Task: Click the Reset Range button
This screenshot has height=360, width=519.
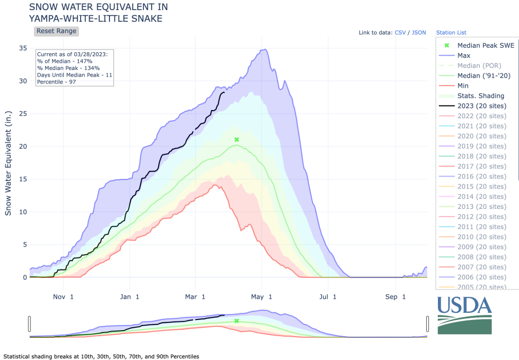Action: pyautogui.click(x=56, y=31)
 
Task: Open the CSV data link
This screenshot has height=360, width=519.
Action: pyautogui.click(x=400, y=32)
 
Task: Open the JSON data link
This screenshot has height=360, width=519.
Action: pyautogui.click(x=419, y=32)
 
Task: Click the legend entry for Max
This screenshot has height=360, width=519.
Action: pyautogui.click(x=463, y=55)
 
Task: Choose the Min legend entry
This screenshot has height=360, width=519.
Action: pyautogui.click(x=463, y=86)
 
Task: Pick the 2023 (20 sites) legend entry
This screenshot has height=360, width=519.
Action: pyautogui.click(x=481, y=105)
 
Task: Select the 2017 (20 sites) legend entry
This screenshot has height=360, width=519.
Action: pyautogui.click(x=481, y=166)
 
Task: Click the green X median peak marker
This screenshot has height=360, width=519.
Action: pyautogui.click(x=236, y=139)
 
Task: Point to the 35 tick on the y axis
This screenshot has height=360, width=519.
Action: pyautogui.click(x=22, y=48)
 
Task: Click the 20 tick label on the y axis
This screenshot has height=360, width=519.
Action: pyautogui.click(x=22, y=147)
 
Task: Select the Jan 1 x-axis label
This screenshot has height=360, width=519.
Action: pyautogui.click(x=130, y=297)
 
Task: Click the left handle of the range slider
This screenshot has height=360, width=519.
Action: pyautogui.click(x=30, y=323)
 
